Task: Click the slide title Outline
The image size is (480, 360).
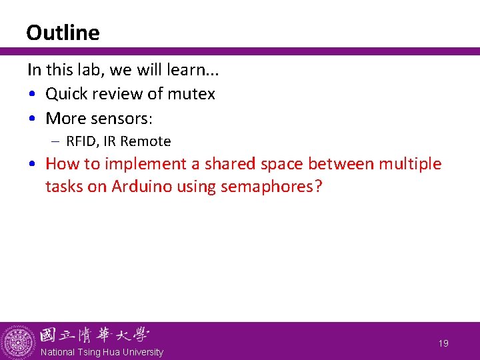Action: tap(63, 33)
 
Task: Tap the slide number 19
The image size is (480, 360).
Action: tap(443, 343)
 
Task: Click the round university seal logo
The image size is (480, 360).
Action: tap(18, 342)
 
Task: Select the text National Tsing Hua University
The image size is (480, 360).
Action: tap(101, 352)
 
